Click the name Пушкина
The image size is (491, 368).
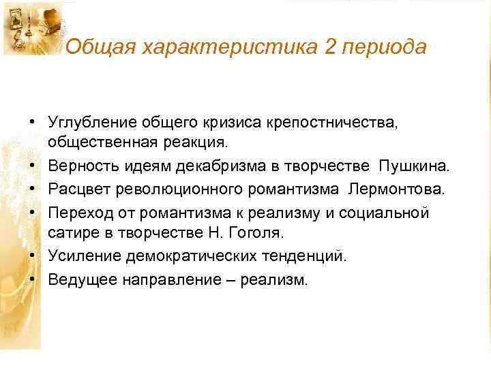click(415, 166)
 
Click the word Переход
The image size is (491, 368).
click(80, 213)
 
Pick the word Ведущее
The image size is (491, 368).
click(83, 279)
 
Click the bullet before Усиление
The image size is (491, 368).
click(32, 256)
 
